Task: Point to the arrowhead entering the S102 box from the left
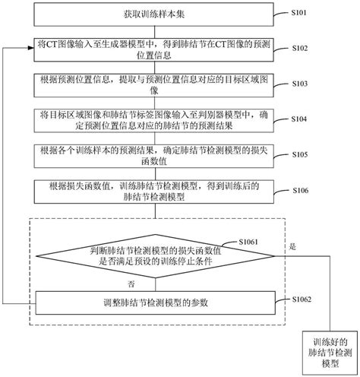31,49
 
